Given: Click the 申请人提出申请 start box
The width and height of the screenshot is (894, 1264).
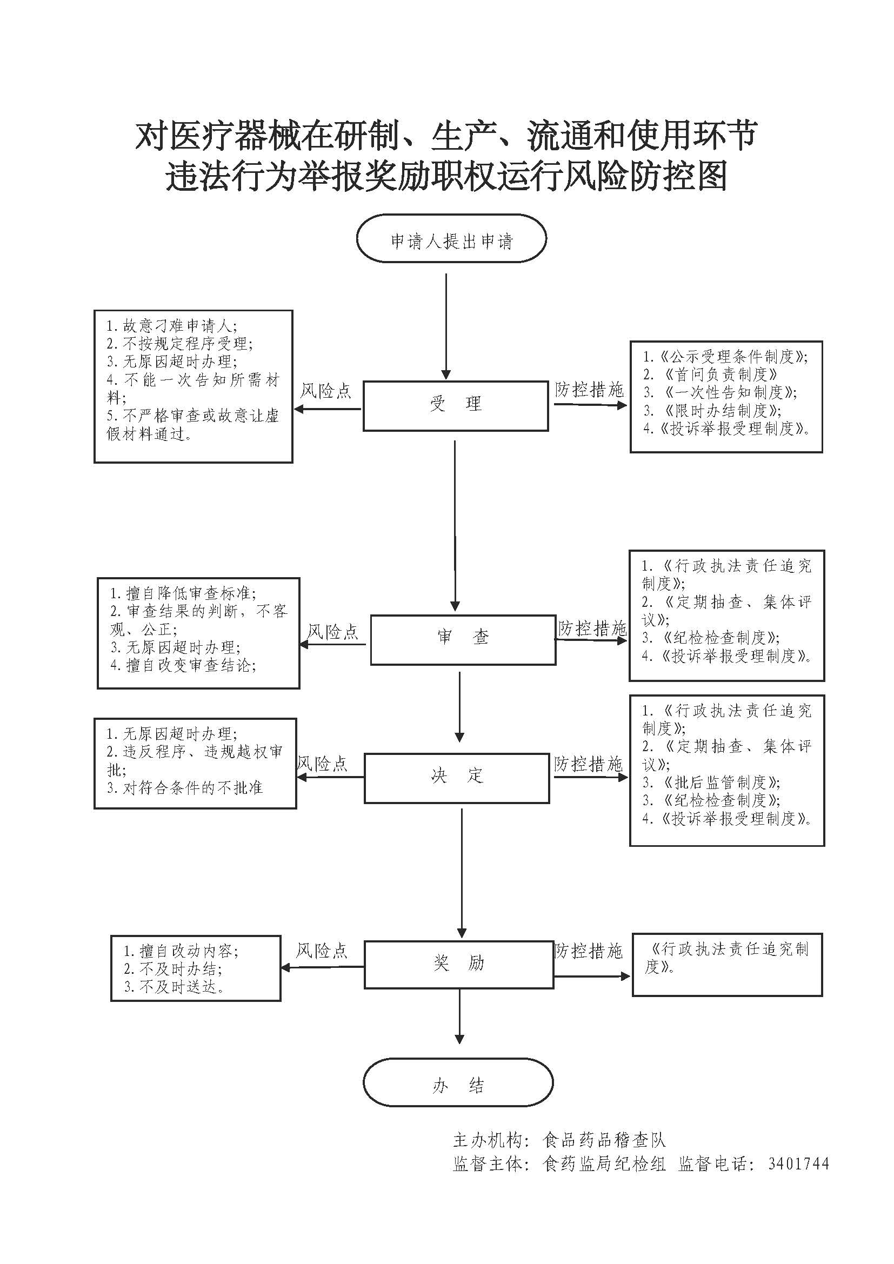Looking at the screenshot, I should coord(451,239).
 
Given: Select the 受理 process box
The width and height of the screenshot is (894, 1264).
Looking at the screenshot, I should coord(455,406).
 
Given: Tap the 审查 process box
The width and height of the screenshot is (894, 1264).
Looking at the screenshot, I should coord(463,640).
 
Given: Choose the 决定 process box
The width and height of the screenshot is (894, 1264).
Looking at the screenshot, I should coord(456,778).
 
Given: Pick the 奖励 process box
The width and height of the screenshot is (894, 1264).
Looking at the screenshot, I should coord(458,965).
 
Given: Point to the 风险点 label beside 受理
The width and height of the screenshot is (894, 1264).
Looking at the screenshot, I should coord(325,391).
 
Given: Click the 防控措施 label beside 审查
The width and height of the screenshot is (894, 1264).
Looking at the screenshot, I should coord(592,628).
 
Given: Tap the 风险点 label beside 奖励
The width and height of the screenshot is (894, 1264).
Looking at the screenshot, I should coord(322,951).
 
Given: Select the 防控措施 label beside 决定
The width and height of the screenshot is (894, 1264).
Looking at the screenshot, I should coord(588,764).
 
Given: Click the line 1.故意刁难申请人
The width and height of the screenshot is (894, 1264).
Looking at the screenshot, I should coord(171,326).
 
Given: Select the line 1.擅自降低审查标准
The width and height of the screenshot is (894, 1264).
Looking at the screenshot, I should coord(183,593).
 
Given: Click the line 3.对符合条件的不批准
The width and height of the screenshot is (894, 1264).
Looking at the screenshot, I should coord(184,788).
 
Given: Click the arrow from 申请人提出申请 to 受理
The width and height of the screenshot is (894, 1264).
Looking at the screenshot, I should coord(446,325).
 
